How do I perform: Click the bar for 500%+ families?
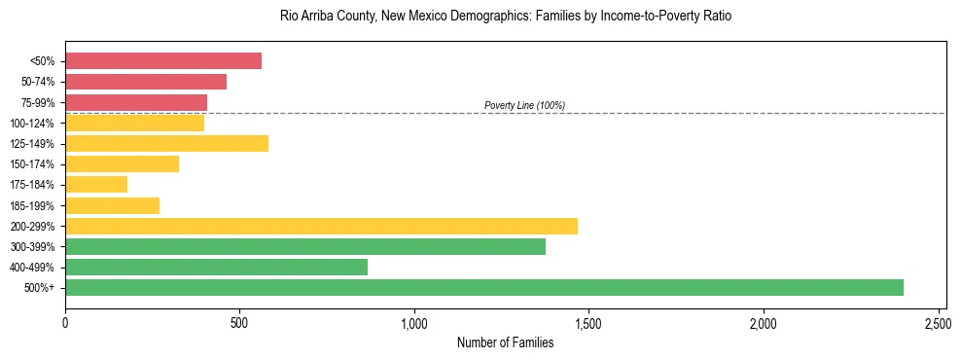tap(483, 287)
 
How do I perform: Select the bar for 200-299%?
tap(321, 226)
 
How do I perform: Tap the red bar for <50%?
tap(163, 60)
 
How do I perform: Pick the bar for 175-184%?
tap(96, 184)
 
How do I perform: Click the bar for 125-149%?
tap(166, 143)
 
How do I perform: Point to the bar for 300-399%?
tap(304, 246)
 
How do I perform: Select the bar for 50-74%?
tap(146, 82)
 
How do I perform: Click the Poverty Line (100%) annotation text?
tap(524, 105)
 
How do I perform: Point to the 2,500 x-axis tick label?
tap(938, 320)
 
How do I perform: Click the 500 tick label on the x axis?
tap(239, 320)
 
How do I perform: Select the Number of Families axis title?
tap(505, 342)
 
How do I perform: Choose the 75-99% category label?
tap(38, 102)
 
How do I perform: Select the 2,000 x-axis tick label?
tap(764, 320)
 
